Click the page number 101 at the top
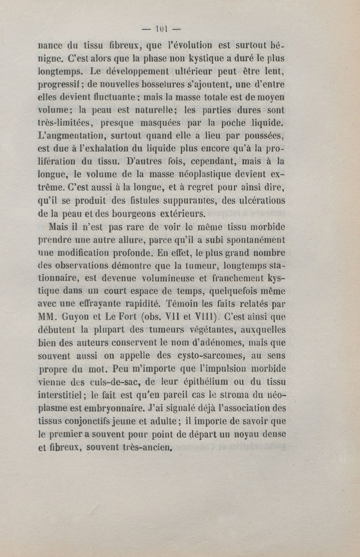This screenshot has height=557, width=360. (x=161, y=30)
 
